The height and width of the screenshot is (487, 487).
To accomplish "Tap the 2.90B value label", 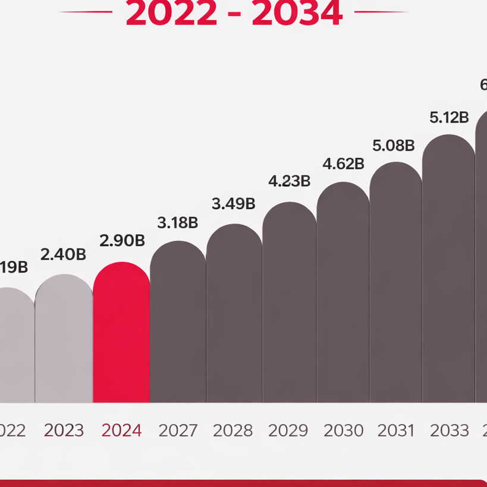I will (122, 241).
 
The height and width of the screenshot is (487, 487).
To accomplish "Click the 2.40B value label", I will (64, 255).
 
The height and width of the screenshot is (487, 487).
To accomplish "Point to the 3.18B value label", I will (177, 223).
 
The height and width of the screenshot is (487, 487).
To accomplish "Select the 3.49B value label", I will (234, 203).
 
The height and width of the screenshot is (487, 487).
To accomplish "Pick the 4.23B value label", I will (289, 181).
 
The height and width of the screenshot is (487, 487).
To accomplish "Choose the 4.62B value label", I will (343, 164).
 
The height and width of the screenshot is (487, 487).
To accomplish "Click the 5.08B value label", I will (394, 145).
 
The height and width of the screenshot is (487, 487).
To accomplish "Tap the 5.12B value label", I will (449, 118).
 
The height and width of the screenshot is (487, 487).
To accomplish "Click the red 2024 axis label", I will (121, 431).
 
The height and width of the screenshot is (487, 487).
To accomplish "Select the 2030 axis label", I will (343, 431).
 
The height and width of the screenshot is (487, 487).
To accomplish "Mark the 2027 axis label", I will (178, 431).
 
